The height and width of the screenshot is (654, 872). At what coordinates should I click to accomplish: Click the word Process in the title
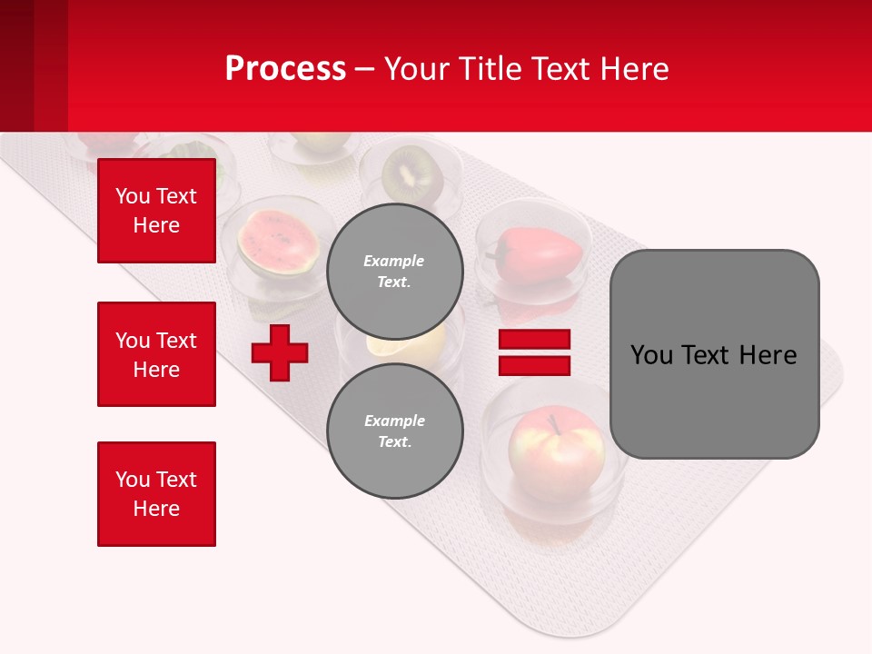point(285,68)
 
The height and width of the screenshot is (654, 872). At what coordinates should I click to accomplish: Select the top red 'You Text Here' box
point(156,211)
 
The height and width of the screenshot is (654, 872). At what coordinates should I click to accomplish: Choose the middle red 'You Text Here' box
point(156,354)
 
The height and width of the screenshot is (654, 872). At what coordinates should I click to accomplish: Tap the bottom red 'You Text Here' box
point(156,493)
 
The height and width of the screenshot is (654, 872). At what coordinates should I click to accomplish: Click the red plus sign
point(280,352)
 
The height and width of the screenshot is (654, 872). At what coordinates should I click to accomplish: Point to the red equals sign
point(534,352)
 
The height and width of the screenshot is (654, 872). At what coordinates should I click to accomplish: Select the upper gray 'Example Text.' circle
point(394,271)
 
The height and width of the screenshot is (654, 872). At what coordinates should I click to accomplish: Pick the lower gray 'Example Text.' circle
point(394,431)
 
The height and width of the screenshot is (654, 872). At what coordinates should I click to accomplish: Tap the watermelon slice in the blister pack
point(277,242)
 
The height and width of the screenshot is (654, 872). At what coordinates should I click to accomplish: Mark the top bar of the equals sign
point(534,340)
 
